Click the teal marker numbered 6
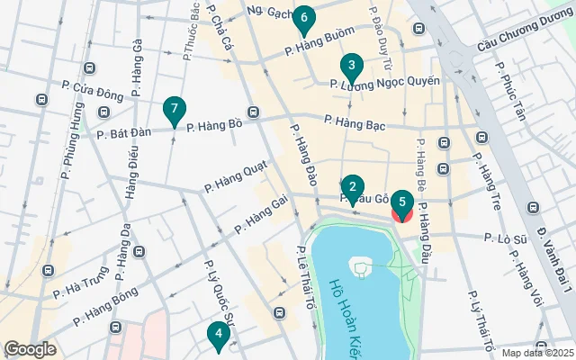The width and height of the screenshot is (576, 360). click(304, 18)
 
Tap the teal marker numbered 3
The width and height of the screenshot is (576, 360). click(351, 66)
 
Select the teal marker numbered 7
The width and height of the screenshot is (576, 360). click(175, 111)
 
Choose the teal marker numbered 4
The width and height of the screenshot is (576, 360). click(217, 335)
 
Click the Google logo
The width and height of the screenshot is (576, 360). click(30, 348)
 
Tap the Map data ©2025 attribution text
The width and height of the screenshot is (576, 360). click(535, 353)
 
